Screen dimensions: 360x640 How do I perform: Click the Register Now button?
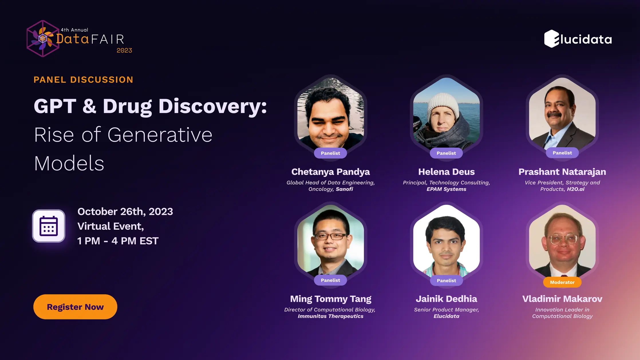click(75, 307)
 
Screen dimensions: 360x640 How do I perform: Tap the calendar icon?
click(49, 226)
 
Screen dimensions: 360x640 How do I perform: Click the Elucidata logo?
click(578, 39)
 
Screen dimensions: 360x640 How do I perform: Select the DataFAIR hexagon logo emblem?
click(42, 39)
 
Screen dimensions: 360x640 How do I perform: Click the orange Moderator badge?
click(562, 282)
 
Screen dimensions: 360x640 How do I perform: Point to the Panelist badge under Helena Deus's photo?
click(446, 153)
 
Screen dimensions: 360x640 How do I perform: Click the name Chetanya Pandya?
click(330, 172)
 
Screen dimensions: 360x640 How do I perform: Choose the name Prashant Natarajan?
click(562, 172)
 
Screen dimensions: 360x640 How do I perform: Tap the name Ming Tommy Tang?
click(330, 299)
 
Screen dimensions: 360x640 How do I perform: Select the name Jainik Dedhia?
click(446, 299)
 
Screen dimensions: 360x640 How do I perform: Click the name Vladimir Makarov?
click(562, 299)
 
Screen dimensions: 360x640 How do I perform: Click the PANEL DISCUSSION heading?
click(83, 80)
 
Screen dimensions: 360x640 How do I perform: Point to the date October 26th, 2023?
click(125, 211)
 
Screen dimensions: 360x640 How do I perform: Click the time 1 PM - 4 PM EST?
click(118, 241)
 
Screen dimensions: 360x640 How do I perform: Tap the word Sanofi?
click(344, 189)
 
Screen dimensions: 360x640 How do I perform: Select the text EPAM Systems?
click(446, 189)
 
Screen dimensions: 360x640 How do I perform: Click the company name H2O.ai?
click(576, 189)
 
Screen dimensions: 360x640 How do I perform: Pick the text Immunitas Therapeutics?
click(330, 316)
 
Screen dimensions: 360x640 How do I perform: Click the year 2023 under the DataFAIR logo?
click(124, 51)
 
